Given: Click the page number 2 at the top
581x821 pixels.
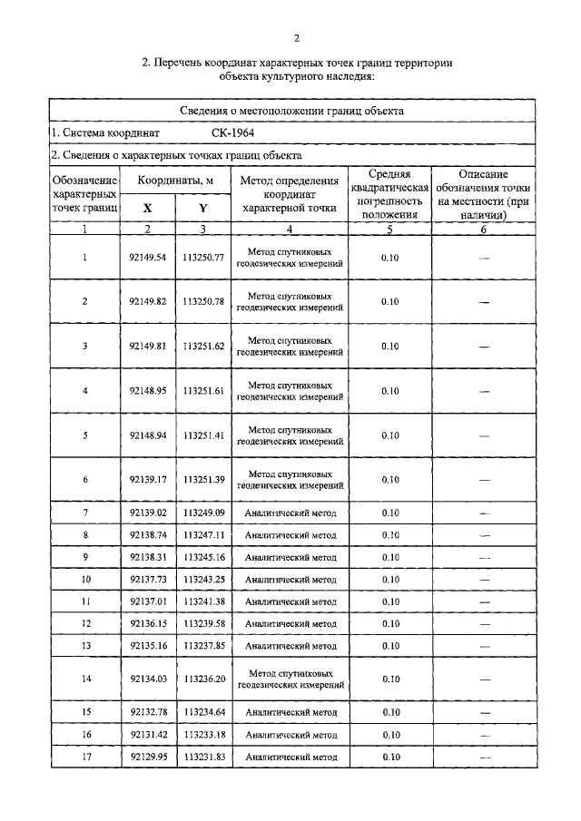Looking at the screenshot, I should click(x=296, y=37).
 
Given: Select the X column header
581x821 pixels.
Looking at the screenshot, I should click(x=147, y=208).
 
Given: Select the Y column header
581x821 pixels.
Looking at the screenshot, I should click(x=202, y=208).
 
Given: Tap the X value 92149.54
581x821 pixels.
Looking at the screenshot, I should click(x=148, y=258).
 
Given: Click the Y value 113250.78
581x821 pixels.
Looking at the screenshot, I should click(x=203, y=301).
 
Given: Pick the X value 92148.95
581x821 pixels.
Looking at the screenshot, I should click(x=148, y=390).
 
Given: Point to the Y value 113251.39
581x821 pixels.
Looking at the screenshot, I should click(x=203, y=479).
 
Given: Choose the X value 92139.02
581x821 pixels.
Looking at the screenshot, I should click(x=148, y=513).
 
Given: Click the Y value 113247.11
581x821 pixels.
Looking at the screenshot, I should click(x=203, y=535).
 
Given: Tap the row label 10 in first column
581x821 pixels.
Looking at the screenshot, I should click(x=85, y=579).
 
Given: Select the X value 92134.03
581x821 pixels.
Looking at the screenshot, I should click(x=148, y=679).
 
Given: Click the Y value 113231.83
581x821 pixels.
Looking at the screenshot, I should click(x=203, y=756).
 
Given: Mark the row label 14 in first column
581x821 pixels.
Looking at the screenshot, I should click(x=85, y=679).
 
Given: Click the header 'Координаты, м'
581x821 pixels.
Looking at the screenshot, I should click(x=175, y=181).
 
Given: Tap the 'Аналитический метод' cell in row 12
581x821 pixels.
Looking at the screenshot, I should click(x=290, y=623).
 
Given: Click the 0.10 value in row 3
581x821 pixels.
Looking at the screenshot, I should click(x=390, y=346).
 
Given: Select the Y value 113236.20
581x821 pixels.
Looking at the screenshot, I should click(x=203, y=679).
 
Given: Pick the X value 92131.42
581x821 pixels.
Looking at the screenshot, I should click(x=148, y=734).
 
